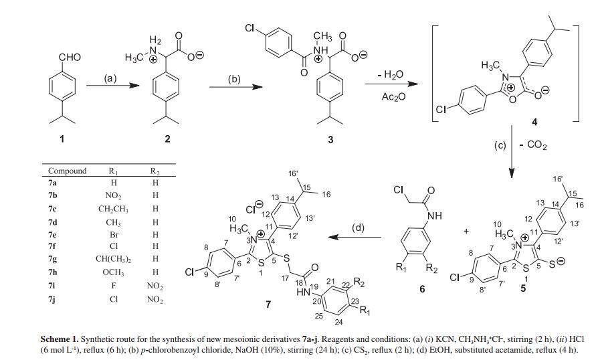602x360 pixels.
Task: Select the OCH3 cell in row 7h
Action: click(x=113, y=272)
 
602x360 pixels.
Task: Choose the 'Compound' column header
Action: click(x=67, y=171)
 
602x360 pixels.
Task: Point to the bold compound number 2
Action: click(x=167, y=139)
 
